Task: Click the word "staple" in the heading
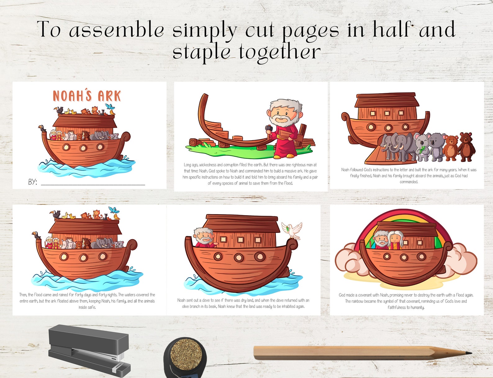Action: [201, 52]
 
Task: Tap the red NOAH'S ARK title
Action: [87, 96]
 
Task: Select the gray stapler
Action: [88, 350]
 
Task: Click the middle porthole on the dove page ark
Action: [238, 257]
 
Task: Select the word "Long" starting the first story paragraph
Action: [188, 165]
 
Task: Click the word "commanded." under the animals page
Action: [409, 182]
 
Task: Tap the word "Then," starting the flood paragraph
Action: [23, 295]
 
